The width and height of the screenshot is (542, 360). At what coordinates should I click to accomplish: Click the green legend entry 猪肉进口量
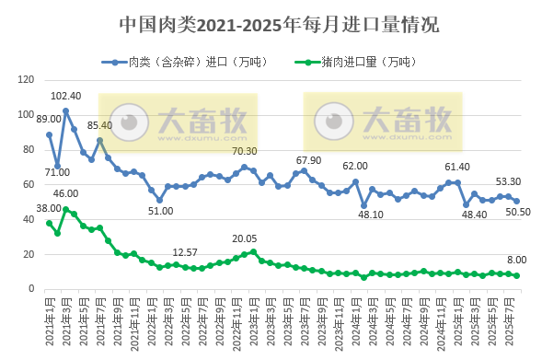[365, 63]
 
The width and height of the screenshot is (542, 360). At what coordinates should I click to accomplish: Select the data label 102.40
[65, 96]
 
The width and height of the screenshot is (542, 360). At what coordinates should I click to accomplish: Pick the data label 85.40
[99, 125]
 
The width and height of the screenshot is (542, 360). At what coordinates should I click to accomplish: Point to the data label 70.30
[244, 151]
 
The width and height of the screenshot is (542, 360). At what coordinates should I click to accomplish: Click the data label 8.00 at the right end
[517, 261]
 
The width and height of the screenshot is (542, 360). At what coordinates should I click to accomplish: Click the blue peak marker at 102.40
[66, 110]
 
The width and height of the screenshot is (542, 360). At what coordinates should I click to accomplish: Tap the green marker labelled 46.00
[66, 209]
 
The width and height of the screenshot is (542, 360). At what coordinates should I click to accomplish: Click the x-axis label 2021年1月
[50, 313]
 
